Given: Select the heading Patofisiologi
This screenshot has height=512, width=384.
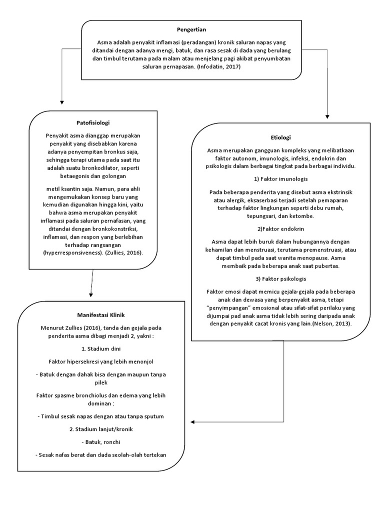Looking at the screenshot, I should tap(93, 122).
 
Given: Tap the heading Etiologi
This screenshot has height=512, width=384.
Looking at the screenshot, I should tap(280, 137).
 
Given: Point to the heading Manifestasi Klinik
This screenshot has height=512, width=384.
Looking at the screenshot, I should tap(100, 315).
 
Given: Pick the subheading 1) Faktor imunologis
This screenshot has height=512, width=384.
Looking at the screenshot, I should tap(280, 178).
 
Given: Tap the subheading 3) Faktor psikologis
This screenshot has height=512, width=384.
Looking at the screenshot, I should tap(280, 278).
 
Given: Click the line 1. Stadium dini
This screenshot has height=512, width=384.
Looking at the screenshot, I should tap(100, 348).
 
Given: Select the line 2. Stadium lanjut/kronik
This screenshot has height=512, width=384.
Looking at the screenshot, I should tap(100, 429).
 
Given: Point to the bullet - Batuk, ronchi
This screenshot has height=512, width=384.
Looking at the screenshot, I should tap(100, 442).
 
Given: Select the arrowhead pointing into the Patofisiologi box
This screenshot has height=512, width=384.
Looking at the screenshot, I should tap(61, 103).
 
